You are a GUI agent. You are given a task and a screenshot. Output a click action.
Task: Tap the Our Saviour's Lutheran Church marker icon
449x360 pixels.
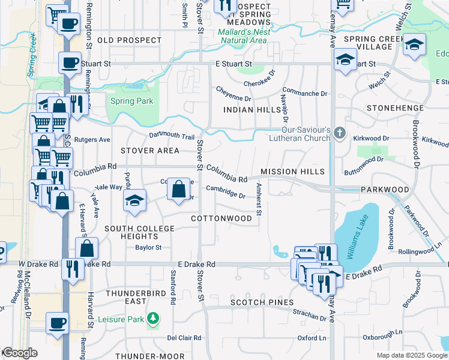340,133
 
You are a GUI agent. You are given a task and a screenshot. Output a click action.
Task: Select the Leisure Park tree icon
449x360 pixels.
154,317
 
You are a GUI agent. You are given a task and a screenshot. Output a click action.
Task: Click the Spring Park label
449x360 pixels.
132,101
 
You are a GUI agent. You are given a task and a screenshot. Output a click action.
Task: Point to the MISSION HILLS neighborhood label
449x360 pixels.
292,172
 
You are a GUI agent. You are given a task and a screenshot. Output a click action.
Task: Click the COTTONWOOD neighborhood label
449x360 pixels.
221,218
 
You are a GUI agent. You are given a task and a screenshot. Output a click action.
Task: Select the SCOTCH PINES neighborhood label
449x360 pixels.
265,302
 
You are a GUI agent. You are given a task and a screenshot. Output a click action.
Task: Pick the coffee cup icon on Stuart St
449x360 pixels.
69,62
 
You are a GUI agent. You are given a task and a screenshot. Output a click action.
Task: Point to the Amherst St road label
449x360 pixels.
259,200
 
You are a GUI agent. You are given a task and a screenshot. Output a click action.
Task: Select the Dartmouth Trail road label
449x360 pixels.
172,137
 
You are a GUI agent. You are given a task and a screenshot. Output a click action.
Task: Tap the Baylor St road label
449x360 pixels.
148,247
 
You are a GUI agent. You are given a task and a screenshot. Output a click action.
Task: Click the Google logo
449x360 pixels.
20,353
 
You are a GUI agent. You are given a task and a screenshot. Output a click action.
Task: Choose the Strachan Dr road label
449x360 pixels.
309,313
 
